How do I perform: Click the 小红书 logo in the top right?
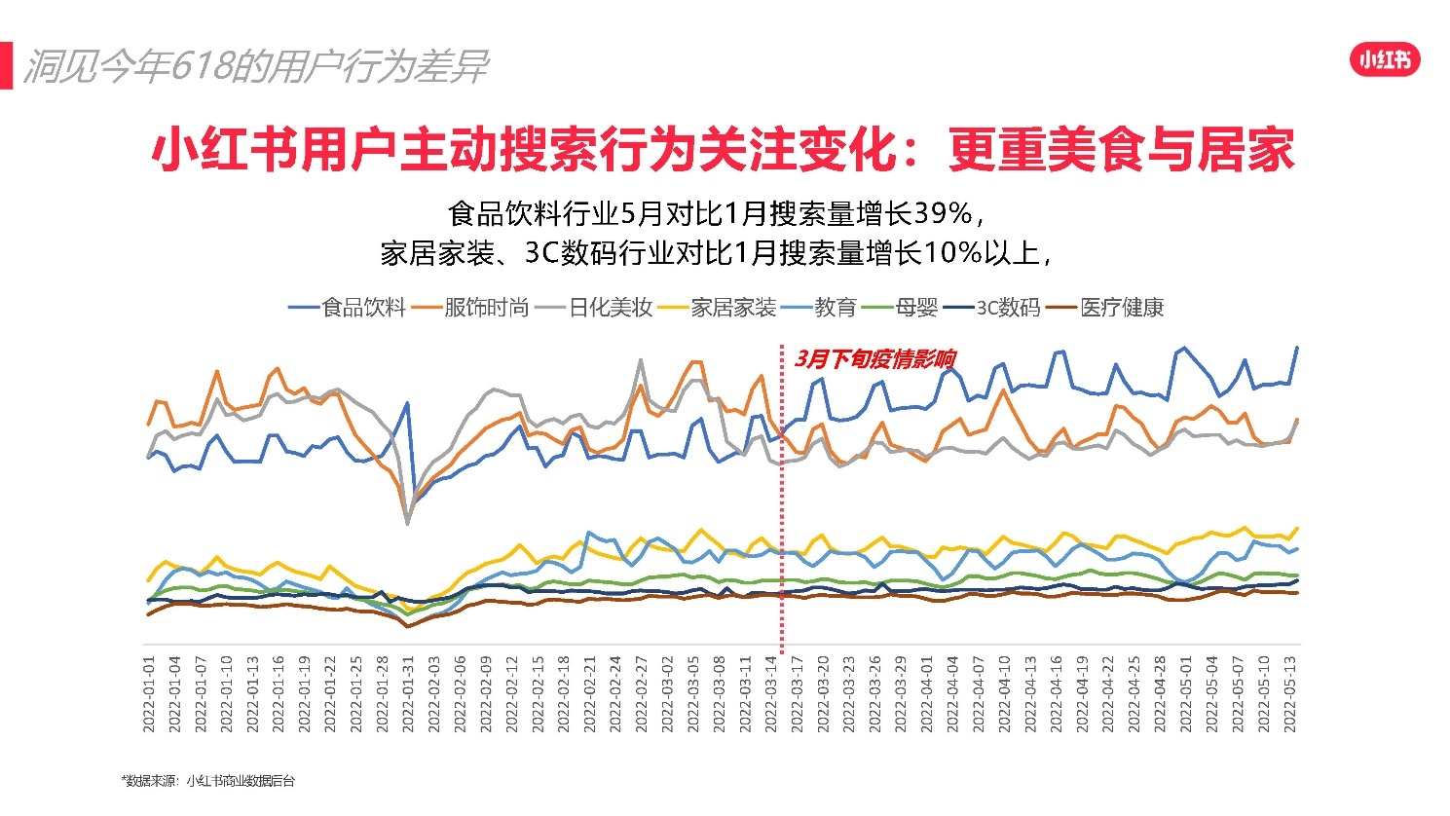pos(1384,60)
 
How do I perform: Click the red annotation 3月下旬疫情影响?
pos(874,359)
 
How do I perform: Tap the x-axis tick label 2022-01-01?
pos(150,693)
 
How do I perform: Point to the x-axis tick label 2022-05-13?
pos(1291,693)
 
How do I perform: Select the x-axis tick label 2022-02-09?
pos(486,693)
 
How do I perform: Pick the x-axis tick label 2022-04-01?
pos(927,693)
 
